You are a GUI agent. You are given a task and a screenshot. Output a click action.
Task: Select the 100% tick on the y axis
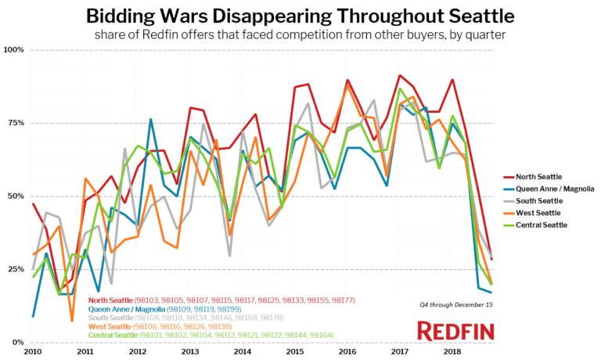click(x=14, y=50)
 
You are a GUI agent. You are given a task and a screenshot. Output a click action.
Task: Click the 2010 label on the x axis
click(x=33, y=352)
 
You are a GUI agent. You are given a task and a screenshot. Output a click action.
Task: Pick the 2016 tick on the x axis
click(x=346, y=352)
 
